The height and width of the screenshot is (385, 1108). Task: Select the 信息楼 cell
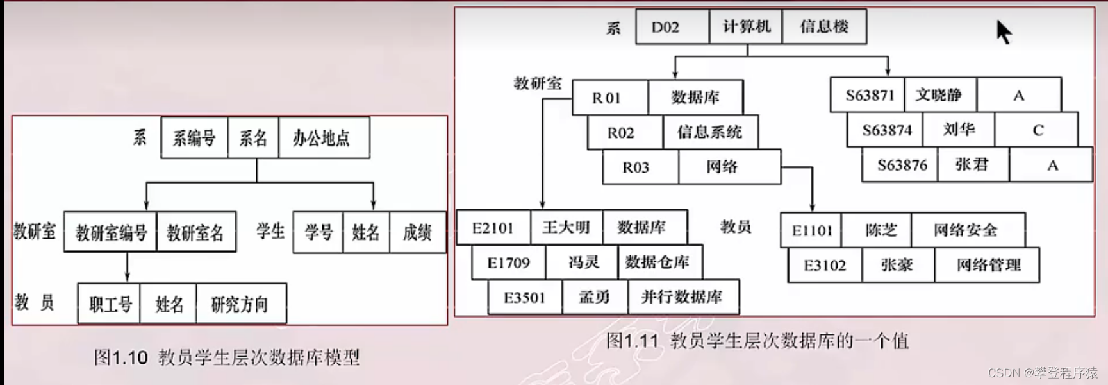(x=824, y=27)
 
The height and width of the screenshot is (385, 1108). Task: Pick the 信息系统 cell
(x=709, y=132)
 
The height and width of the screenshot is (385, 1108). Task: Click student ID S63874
(x=886, y=130)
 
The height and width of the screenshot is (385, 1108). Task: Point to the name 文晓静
(x=939, y=95)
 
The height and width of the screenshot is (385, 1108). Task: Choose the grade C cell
(x=1038, y=130)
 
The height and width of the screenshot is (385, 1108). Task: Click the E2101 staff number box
(x=493, y=228)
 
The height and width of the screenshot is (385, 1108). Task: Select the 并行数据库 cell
(x=682, y=297)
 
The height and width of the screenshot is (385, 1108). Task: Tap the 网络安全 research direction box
(x=966, y=230)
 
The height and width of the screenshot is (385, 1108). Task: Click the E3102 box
(x=825, y=265)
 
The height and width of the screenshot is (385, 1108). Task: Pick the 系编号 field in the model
(x=194, y=138)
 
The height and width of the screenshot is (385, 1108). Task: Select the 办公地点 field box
(x=323, y=138)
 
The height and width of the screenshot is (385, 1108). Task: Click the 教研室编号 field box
(x=110, y=232)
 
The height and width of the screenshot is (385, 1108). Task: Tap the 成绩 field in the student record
(x=417, y=232)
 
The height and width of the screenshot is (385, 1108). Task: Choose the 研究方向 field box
(x=240, y=304)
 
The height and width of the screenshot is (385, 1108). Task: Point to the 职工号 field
(x=110, y=304)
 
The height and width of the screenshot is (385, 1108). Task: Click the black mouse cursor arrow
(x=1003, y=31)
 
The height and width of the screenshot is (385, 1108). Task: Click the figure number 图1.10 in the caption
(x=120, y=357)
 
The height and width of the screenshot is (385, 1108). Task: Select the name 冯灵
(x=583, y=262)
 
